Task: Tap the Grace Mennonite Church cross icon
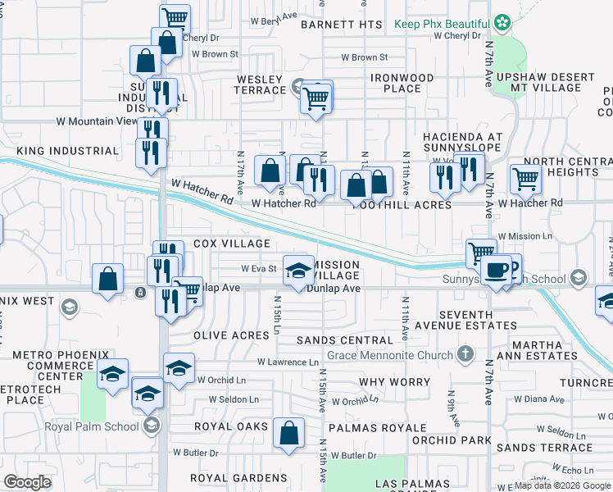[465, 355]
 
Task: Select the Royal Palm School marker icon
[151, 425]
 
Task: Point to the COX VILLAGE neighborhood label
[232, 244]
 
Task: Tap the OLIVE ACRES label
[231, 335]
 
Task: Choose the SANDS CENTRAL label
[345, 340]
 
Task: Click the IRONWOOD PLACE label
[401, 82]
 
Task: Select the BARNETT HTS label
[342, 25]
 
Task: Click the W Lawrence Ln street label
[288, 362]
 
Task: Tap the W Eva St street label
[259, 268]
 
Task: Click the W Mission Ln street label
[531, 236]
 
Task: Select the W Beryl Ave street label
[274, 16]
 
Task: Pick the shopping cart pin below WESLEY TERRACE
[316, 98]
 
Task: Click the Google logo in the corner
[27, 482]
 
